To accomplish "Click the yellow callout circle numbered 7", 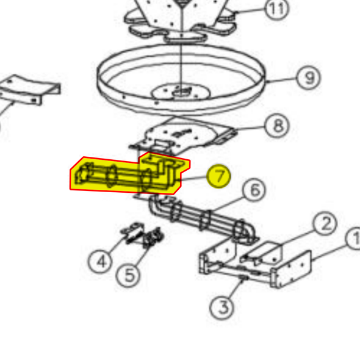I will (219, 177).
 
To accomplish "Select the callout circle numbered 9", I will (309, 78).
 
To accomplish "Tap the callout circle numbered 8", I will (278, 126).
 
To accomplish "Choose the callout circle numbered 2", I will (325, 225).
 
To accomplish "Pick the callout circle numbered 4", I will (101, 262).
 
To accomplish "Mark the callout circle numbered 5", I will (129, 275).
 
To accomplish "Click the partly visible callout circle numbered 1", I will (354, 240).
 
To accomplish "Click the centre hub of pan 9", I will (181, 92).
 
